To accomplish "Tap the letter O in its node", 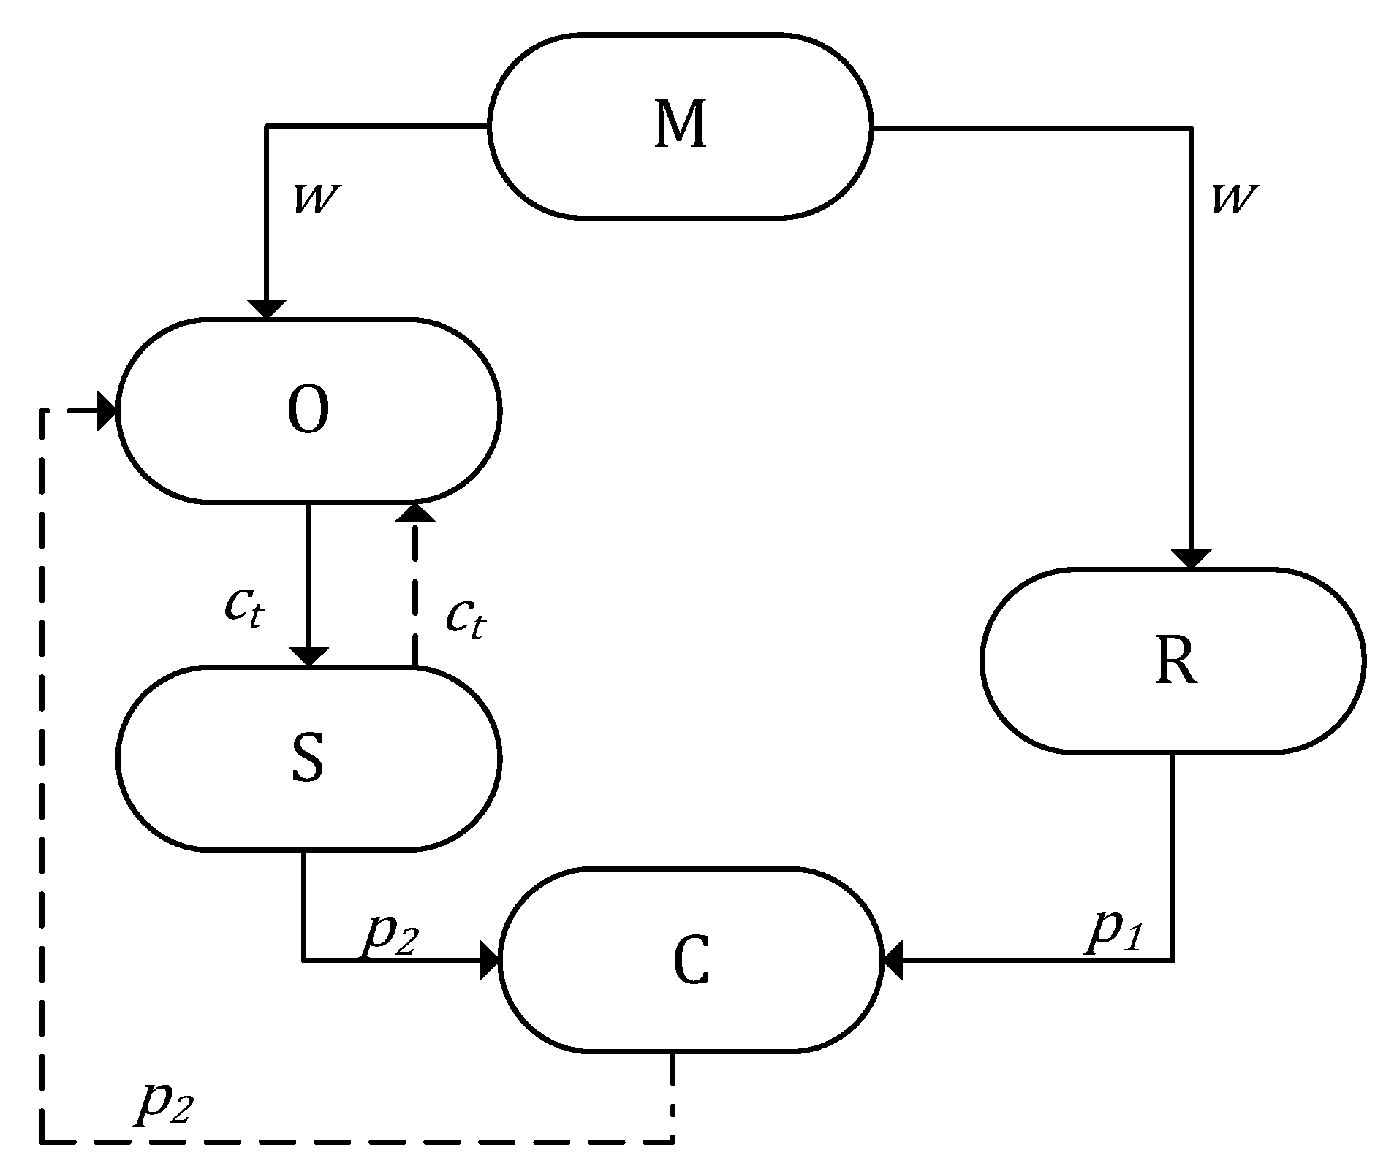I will (308, 410).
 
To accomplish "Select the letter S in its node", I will (308, 758).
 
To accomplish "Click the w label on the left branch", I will (317, 199).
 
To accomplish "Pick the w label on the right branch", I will (1235, 199).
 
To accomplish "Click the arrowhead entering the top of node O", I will (266, 309).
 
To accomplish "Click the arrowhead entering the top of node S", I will (308, 657).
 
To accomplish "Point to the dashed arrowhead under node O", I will (414, 512).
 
